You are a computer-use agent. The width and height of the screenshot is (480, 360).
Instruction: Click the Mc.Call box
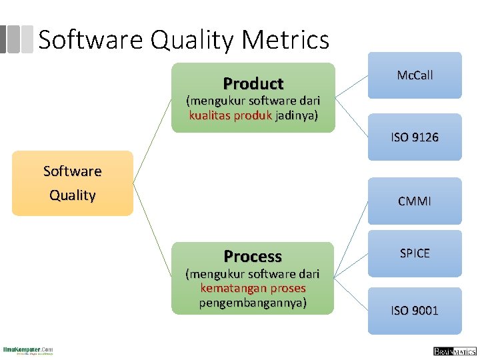click(415, 75)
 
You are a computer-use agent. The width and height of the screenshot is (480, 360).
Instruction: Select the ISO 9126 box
click(415, 137)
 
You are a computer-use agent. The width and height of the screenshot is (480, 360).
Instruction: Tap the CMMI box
click(415, 201)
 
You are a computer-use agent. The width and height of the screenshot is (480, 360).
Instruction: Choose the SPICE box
click(415, 253)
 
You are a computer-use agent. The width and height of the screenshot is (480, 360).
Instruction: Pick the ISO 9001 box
click(415, 311)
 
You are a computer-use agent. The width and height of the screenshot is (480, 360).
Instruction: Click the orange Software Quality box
click(73, 183)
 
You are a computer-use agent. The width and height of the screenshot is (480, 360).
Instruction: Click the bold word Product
click(253, 84)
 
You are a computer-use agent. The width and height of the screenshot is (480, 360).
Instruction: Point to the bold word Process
click(253, 257)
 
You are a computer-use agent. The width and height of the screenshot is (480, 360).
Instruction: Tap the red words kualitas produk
click(230, 115)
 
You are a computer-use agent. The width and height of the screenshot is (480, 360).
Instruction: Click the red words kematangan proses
click(253, 289)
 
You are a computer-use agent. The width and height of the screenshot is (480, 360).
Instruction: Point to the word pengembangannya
click(253, 303)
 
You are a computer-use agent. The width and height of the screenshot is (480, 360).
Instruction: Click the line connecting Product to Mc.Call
click(351, 86)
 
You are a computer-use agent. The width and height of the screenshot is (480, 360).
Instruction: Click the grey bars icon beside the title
click(17, 39)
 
